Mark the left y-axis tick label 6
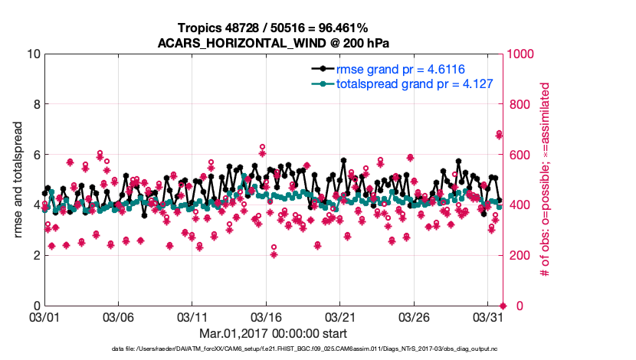(x=36, y=155)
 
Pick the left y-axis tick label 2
(x=36, y=255)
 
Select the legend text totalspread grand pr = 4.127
(x=414, y=83)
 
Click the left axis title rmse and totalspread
(x=18, y=180)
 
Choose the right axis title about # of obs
(x=546, y=180)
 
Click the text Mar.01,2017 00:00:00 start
(x=274, y=333)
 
